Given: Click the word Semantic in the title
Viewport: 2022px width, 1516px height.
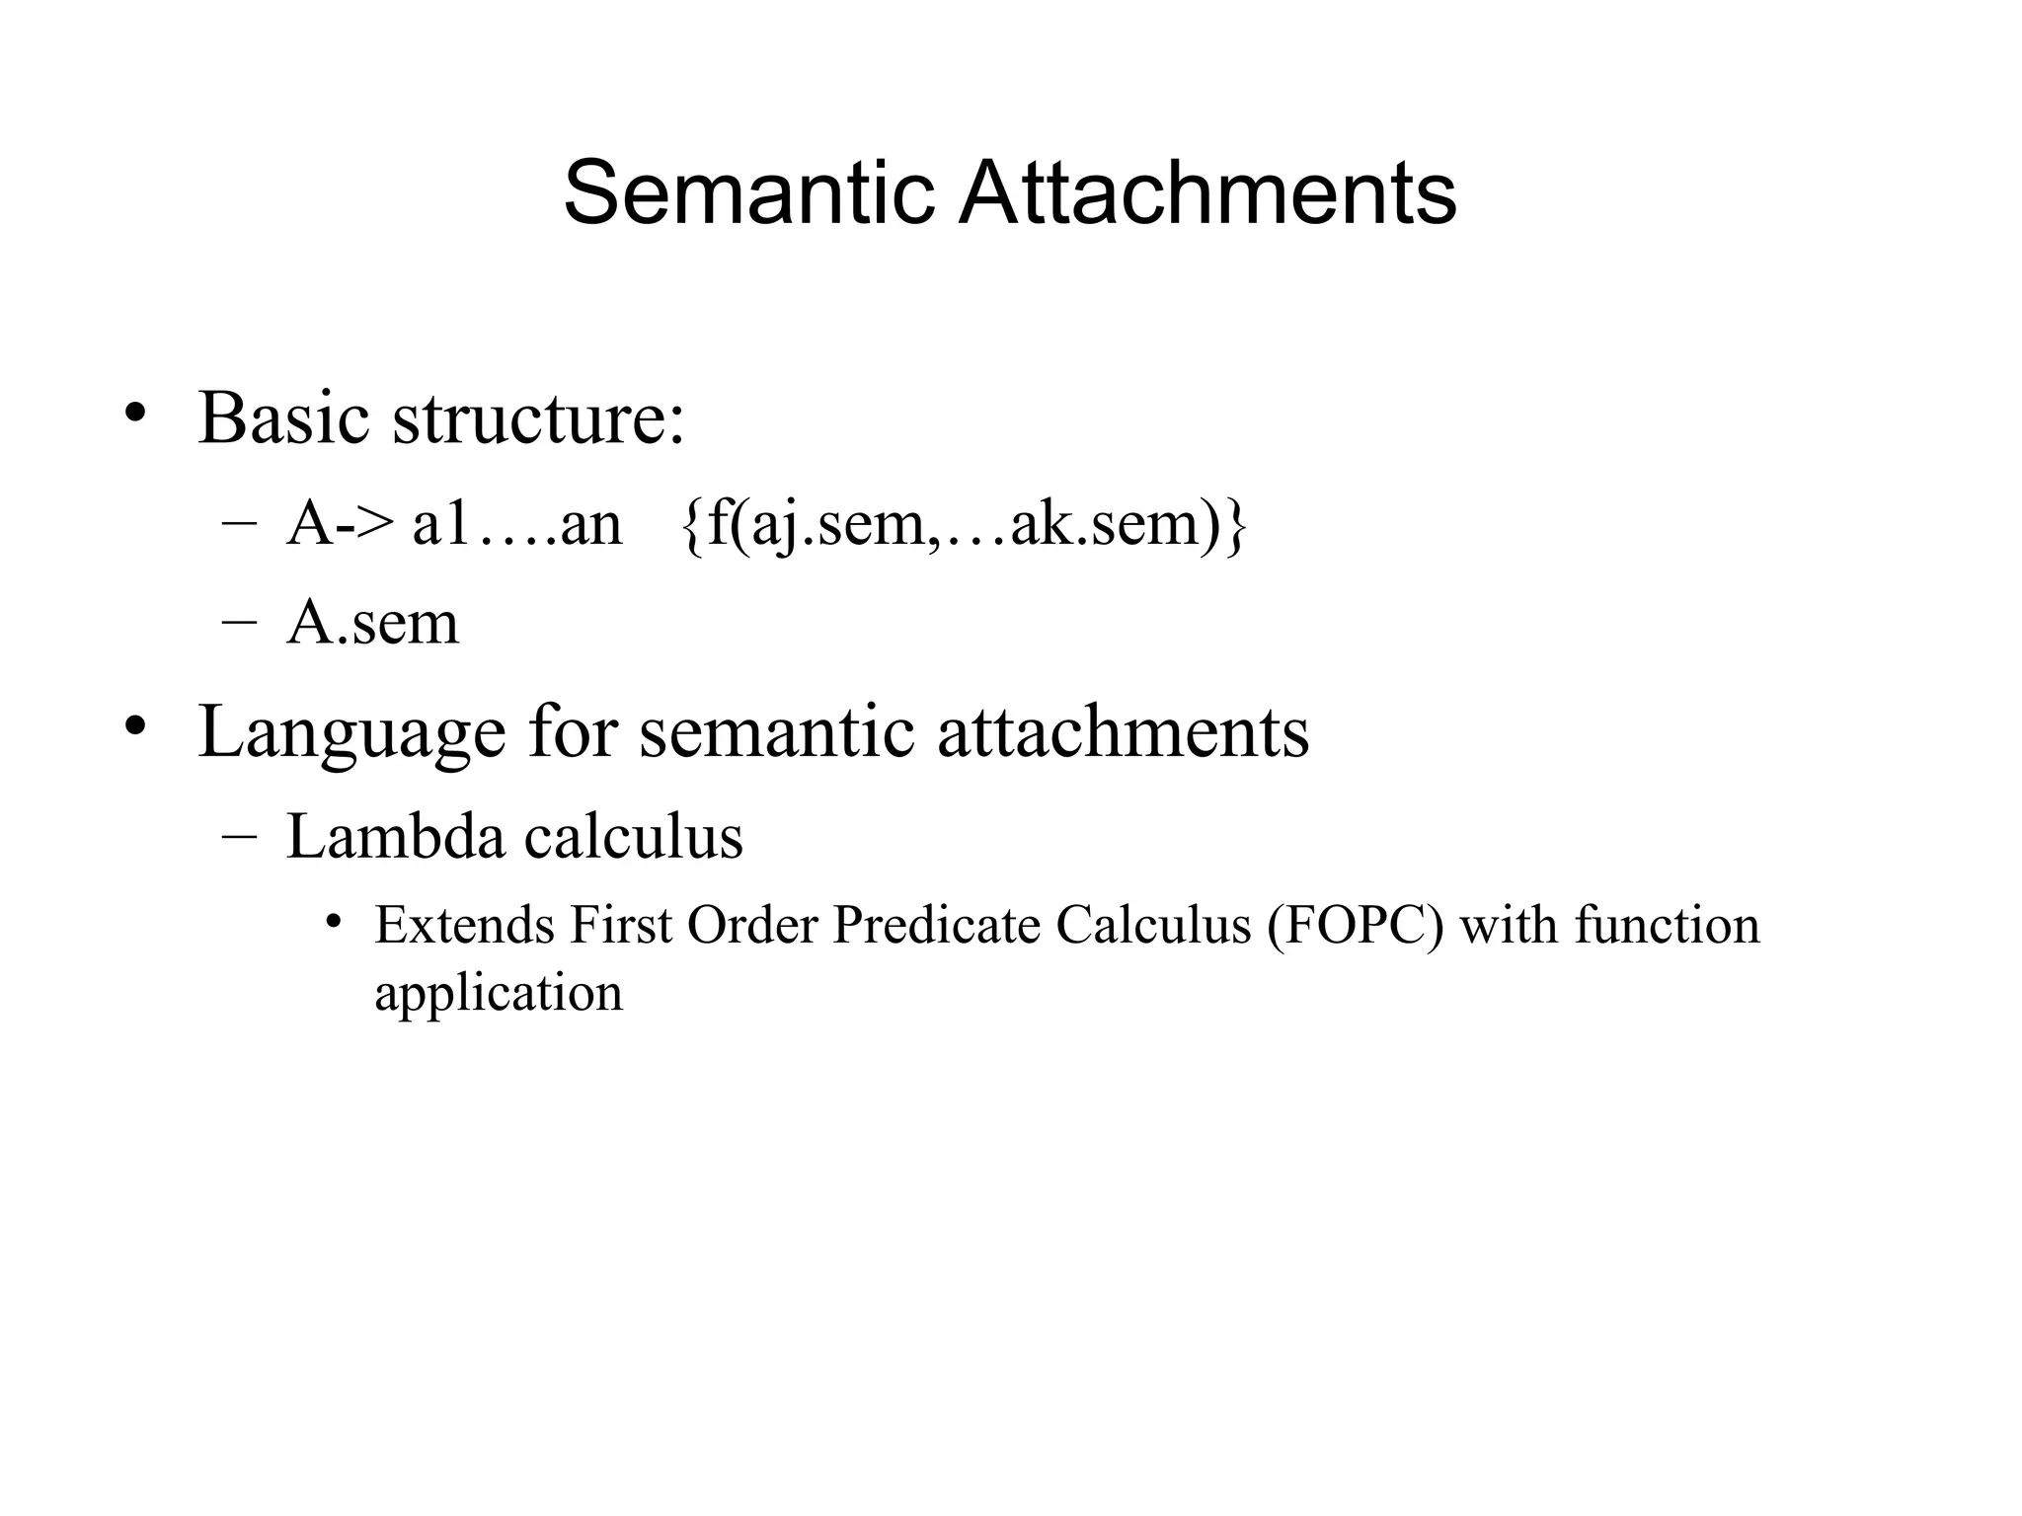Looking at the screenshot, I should tap(748, 192).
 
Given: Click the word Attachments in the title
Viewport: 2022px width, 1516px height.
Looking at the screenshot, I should tap(1206, 192).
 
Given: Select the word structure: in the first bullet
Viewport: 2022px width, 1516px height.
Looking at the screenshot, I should tap(538, 417).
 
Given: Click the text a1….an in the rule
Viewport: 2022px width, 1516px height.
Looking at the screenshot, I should tap(516, 523).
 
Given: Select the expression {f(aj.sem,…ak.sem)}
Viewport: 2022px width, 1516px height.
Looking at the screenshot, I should tap(964, 523).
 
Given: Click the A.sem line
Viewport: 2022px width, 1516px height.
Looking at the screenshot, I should tap(372, 623).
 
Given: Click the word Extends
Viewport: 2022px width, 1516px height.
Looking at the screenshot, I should tap(464, 926).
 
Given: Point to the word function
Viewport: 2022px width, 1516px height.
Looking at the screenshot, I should tap(1667, 926).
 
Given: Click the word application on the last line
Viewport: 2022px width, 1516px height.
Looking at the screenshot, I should tap(499, 992).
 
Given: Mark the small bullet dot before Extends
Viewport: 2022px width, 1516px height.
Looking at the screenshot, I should tap(335, 922).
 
